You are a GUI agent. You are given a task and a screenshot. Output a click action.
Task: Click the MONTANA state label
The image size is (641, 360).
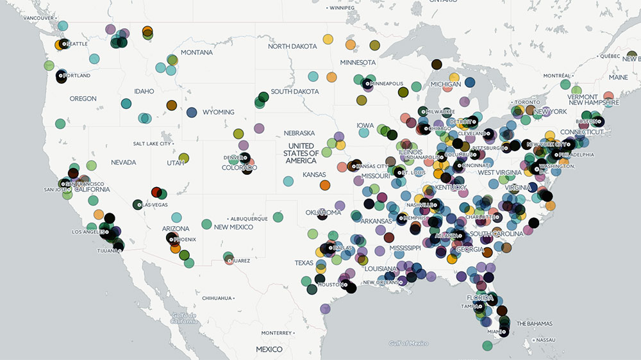click(197, 53)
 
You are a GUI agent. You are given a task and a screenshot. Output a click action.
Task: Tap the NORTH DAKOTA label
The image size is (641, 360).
click(292, 46)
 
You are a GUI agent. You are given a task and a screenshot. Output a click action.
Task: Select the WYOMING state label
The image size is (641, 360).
click(219, 112)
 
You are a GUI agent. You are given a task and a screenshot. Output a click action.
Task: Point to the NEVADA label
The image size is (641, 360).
click(123, 163)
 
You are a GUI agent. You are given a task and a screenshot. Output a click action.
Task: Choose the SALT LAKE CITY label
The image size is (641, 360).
click(152, 143)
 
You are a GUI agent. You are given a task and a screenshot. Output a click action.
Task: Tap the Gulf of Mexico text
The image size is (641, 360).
click(408, 343)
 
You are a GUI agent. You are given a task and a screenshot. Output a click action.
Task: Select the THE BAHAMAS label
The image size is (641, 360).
click(535, 323)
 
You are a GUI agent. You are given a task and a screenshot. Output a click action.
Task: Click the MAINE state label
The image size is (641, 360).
click(619, 78)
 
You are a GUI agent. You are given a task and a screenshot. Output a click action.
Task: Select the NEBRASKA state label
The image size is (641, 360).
click(299, 133)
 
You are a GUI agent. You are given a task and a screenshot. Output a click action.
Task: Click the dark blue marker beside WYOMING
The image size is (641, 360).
click(192, 113)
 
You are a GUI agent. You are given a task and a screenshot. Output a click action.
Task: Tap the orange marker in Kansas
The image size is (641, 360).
click(325, 185)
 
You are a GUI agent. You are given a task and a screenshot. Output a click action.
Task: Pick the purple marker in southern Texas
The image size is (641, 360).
click(325, 309)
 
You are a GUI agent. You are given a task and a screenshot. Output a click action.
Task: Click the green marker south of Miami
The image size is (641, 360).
click(487, 346)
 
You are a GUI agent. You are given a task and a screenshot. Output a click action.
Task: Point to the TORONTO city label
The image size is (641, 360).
click(529, 102)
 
